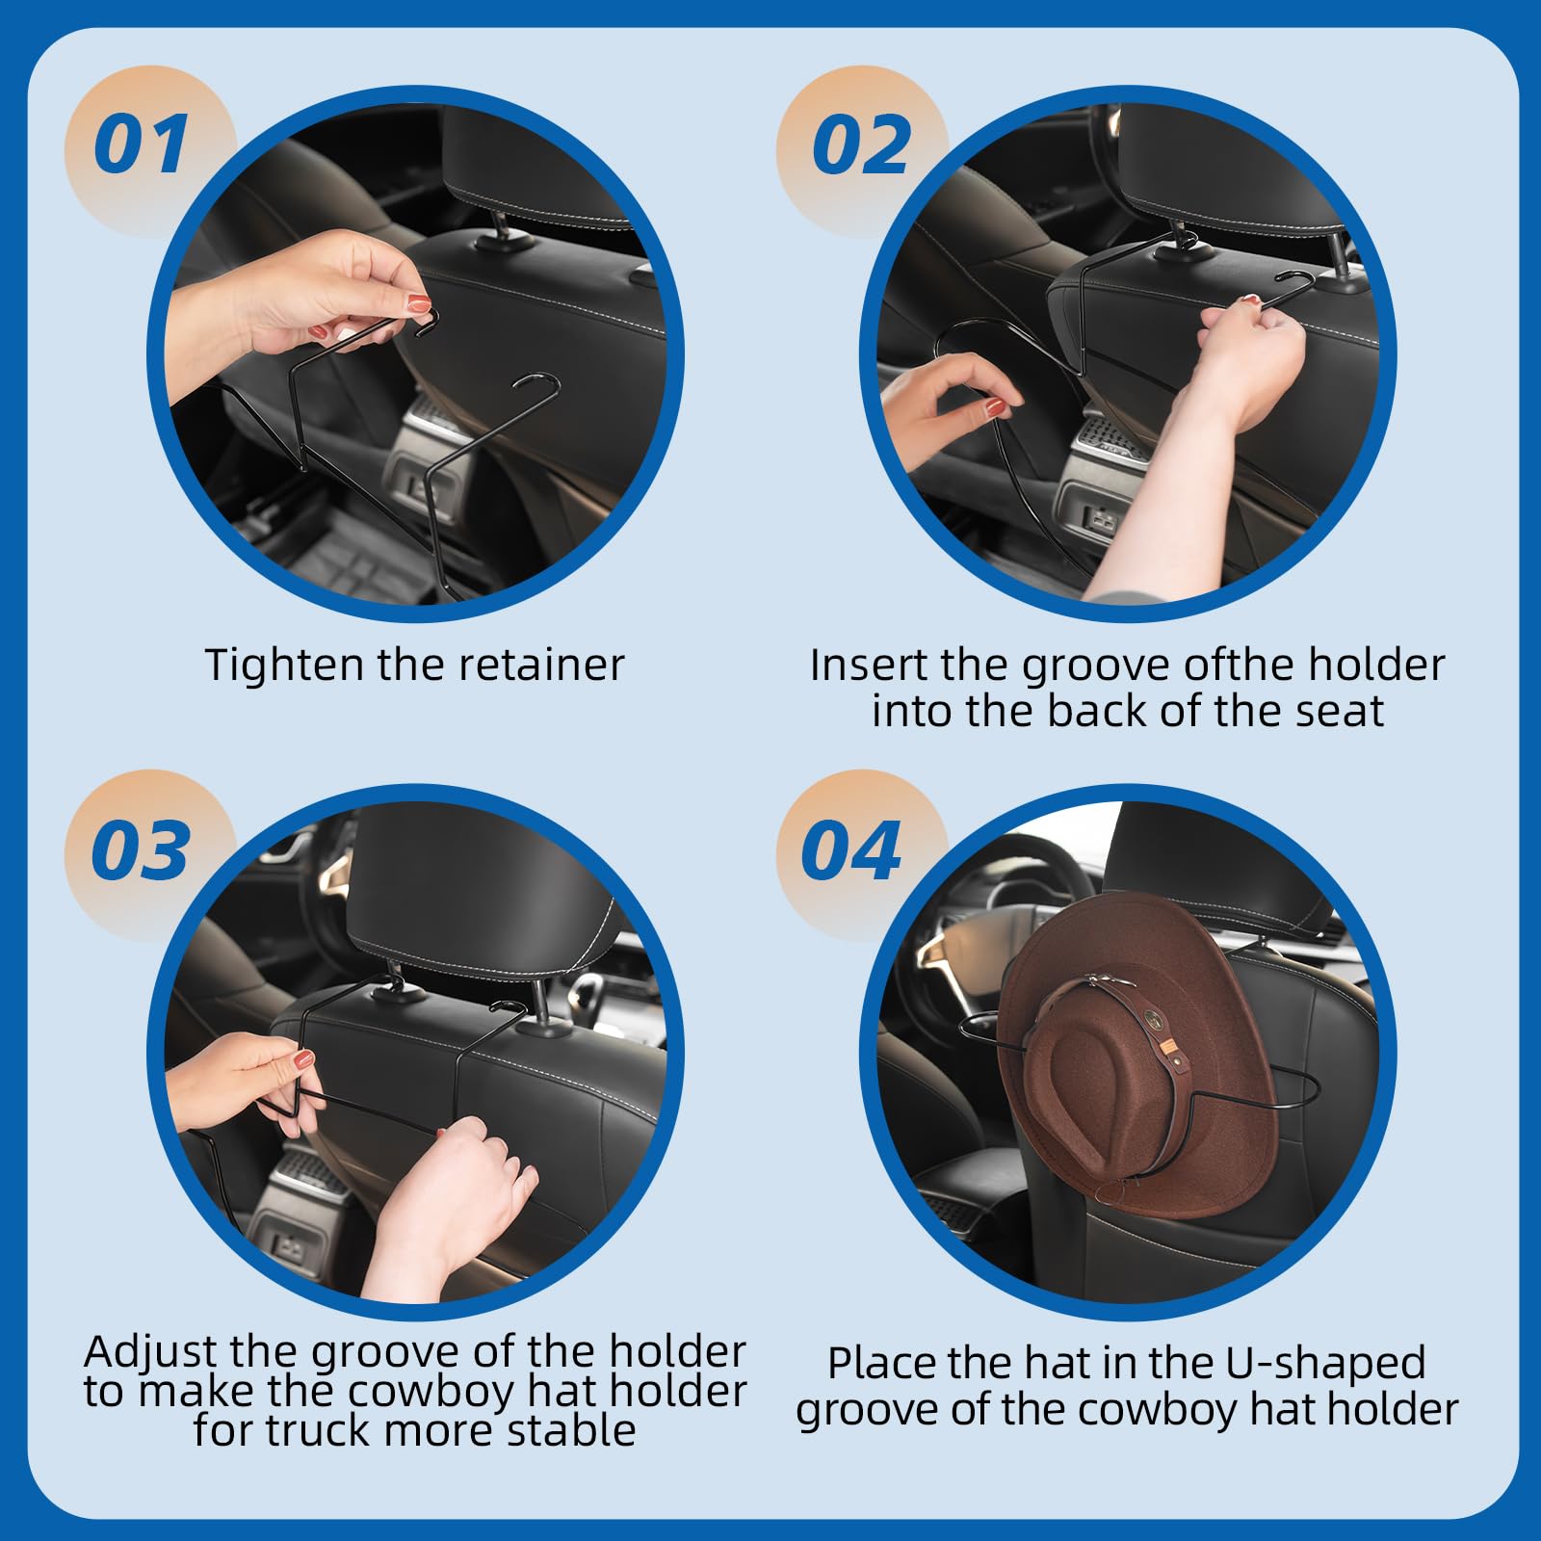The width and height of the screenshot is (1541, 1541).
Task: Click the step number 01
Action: (x=142, y=145)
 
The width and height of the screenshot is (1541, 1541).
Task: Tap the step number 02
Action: (x=860, y=145)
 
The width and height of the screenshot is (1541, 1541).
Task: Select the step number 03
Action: (x=140, y=850)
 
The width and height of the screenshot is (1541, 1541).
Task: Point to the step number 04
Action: (x=850, y=850)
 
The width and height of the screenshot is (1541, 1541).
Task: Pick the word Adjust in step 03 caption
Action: (x=150, y=1352)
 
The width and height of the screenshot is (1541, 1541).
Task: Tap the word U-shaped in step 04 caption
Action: (x=1325, y=1364)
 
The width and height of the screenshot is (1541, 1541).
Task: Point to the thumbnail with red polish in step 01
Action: (x=419, y=304)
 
